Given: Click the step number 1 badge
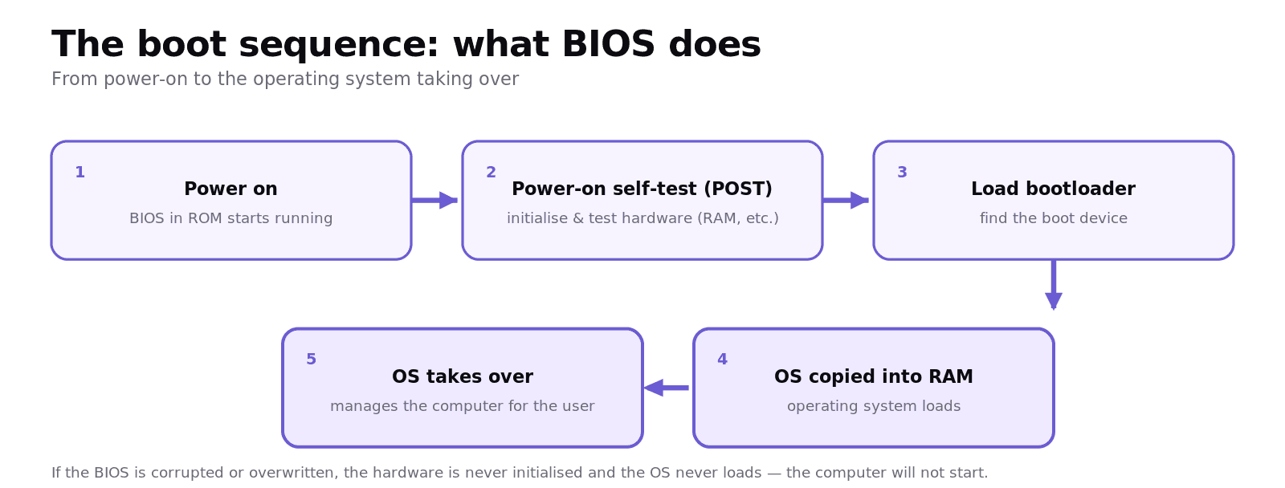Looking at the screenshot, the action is [80, 172].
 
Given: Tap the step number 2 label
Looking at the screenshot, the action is [491, 172].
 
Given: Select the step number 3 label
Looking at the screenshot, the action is [903, 172].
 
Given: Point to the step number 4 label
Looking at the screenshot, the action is [722, 359].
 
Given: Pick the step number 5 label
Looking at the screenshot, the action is [311, 359].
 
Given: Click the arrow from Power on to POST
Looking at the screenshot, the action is [434, 200].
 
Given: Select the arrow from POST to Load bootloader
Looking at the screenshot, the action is [846, 200].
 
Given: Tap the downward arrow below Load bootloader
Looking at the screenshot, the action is [1053, 285].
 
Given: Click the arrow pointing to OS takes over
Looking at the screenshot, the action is [666, 388].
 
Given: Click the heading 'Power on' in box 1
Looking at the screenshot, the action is [230, 189].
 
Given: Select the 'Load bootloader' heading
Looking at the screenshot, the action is [1053, 189].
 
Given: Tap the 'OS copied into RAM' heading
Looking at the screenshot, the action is [874, 376].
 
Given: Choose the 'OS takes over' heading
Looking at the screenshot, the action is [463, 376].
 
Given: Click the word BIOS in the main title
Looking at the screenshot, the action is [609, 44].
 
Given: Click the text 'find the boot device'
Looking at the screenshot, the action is [1053, 218].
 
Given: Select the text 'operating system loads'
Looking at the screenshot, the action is [874, 406].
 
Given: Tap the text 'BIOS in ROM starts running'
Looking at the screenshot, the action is [230, 218].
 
